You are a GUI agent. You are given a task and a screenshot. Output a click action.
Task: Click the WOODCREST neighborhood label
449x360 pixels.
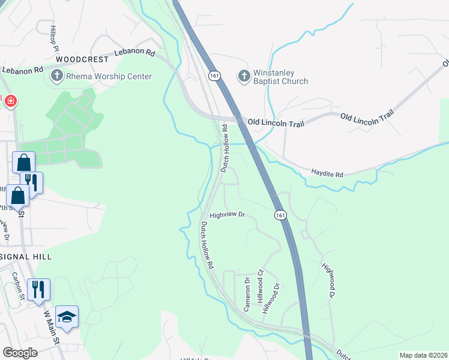click(x=82, y=60)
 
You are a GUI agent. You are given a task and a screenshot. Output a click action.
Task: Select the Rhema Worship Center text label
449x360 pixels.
click(x=110, y=76)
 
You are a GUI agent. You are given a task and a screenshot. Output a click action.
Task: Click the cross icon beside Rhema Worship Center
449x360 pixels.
click(x=57, y=76)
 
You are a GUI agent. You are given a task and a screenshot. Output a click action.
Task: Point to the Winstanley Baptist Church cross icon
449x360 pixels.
click(x=244, y=76)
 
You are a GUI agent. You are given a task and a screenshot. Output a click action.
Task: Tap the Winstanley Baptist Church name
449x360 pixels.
click(x=280, y=76)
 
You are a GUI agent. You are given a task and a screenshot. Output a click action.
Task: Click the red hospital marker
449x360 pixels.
click(x=10, y=101)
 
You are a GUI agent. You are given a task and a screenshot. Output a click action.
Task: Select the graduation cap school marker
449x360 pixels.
click(x=67, y=317)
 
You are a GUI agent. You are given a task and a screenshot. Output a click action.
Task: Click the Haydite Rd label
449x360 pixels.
click(x=327, y=174)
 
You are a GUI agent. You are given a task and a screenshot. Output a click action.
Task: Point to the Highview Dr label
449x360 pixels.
click(x=228, y=214)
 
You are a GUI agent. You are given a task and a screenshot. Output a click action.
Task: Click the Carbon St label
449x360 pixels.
click(x=17, y=286)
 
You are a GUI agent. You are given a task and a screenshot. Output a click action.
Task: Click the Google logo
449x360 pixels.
click(x=20, y=353)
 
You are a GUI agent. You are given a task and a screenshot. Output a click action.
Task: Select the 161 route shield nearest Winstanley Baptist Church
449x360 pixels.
click(x=214, y=76)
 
